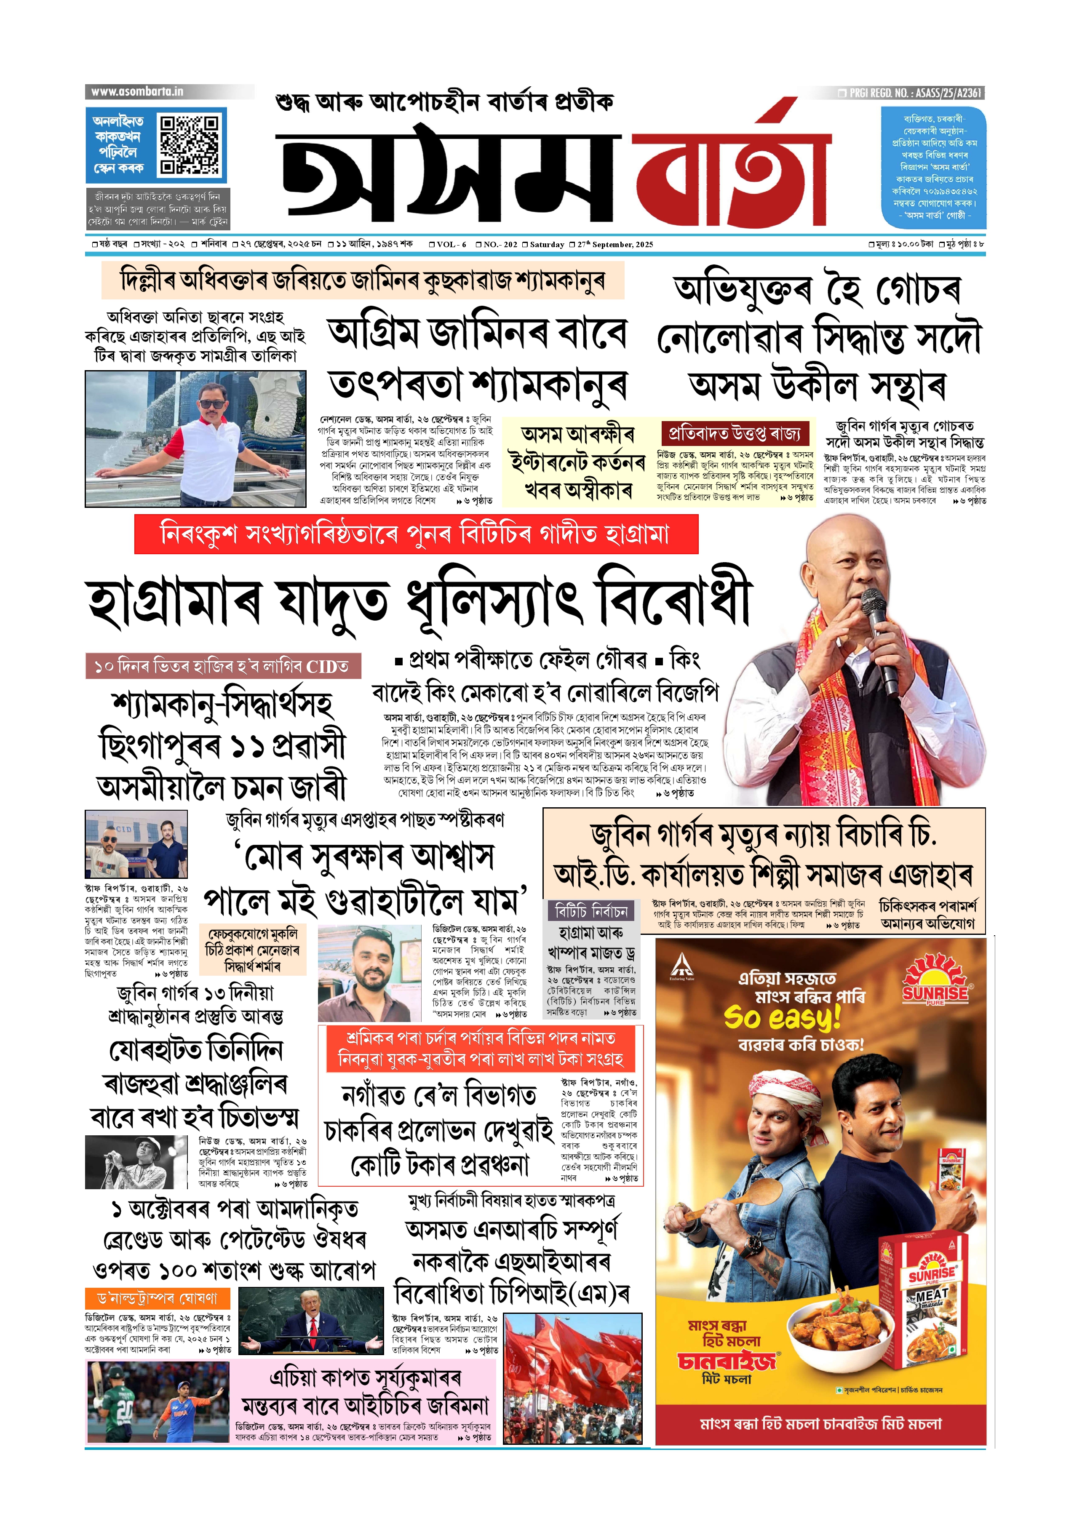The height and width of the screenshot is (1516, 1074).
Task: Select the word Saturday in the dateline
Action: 547,245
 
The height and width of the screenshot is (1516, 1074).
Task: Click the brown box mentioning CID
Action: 223,666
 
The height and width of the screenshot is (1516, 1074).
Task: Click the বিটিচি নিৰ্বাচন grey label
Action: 590,912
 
